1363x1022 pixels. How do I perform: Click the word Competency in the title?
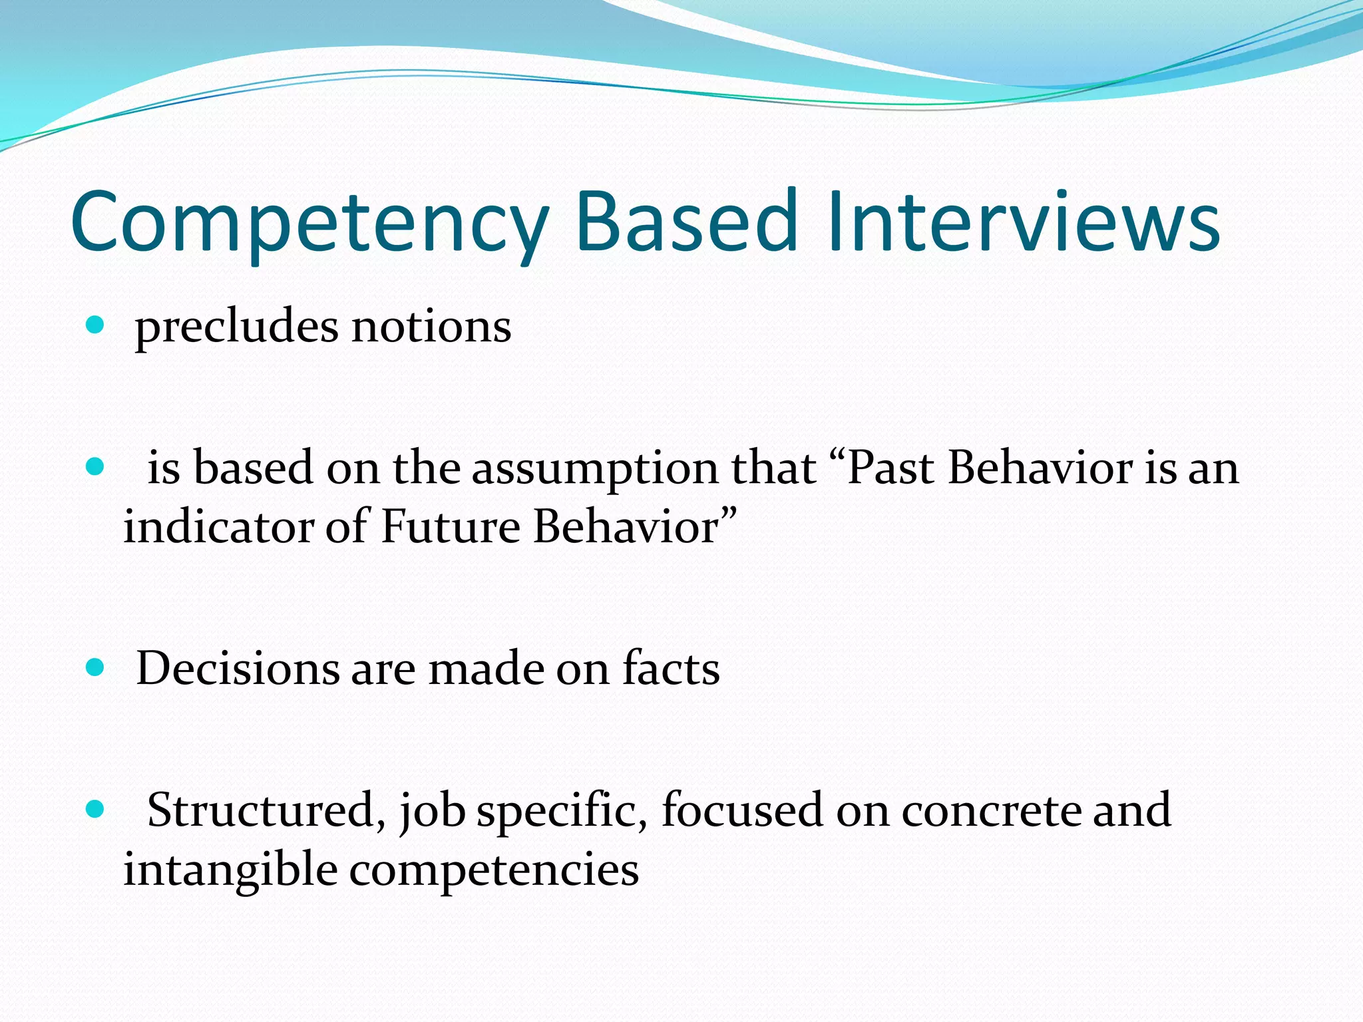click(309, 223)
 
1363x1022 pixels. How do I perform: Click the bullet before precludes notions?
click(96, 325)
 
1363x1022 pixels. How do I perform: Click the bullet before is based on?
click(96, 466)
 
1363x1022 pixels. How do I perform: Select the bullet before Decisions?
click(96, 667)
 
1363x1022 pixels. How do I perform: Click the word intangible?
click(230, 870)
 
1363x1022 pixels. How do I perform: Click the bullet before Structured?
click(96, 809)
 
